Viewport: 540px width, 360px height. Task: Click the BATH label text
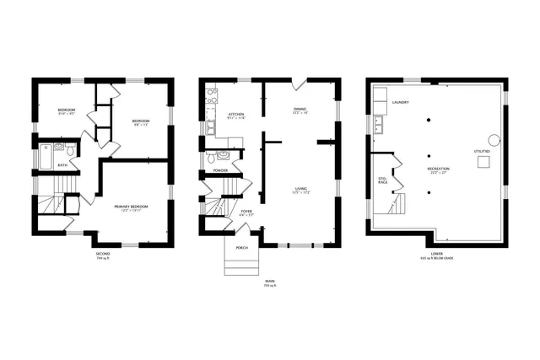click(62, 165)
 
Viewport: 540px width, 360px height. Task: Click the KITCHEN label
click(235, 115)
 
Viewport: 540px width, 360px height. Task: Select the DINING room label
click(300, 108)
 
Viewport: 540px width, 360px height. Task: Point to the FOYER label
click(246, 211)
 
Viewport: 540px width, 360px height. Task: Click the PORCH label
click(241, 247)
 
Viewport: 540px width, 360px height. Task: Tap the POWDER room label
click(221, 170)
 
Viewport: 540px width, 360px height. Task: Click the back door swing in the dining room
click(297, 85)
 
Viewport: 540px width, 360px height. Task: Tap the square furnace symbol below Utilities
click(483, 163)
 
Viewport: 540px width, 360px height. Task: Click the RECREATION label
click(438, 169)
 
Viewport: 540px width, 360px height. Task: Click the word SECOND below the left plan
click(102, 251)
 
